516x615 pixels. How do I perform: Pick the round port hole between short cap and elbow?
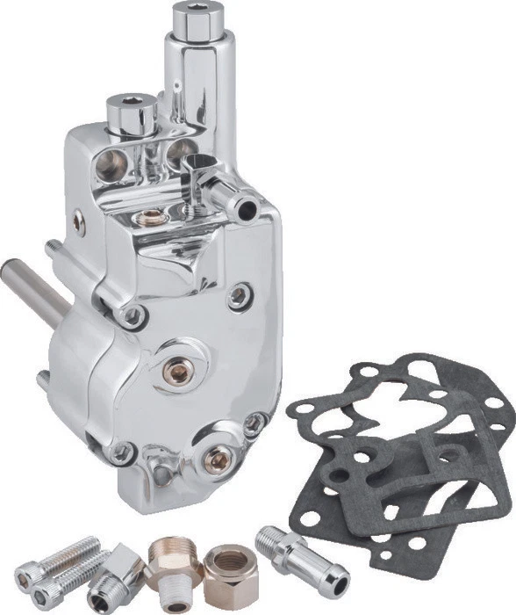(178, 147)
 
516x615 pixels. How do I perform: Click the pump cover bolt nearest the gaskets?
(254, 425)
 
